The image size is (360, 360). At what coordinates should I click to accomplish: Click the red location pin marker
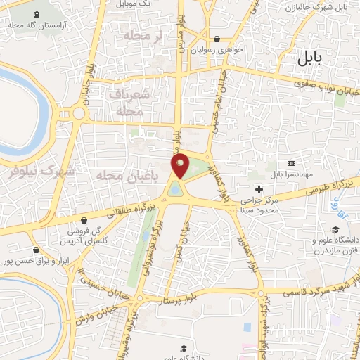pyautogui.click(x=181, y=167)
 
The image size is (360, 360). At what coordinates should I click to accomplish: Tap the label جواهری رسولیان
pyautogui.click(x=224, y=51)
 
